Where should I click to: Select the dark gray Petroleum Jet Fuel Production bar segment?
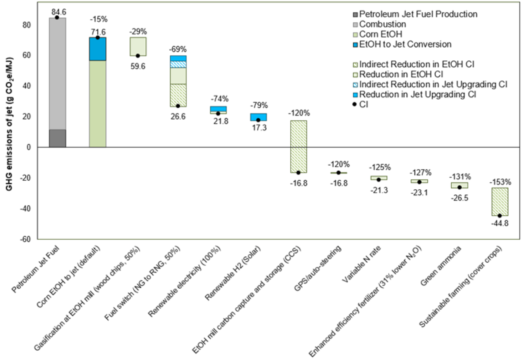[57, 138]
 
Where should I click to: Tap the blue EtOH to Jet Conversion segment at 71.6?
[98, 49]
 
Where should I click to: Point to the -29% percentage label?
[138, 32]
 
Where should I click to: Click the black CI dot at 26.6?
[178, 106]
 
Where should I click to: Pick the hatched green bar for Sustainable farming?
[500, 202]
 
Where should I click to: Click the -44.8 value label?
[499, 223]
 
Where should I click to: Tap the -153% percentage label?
[500, 182]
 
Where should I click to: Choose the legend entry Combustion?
[382, 24]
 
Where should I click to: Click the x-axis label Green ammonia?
[441, 266]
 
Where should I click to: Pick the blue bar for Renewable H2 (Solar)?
[258, 117]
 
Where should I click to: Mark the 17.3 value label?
[259, 128]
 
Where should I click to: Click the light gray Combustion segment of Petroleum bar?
[57, 74]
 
